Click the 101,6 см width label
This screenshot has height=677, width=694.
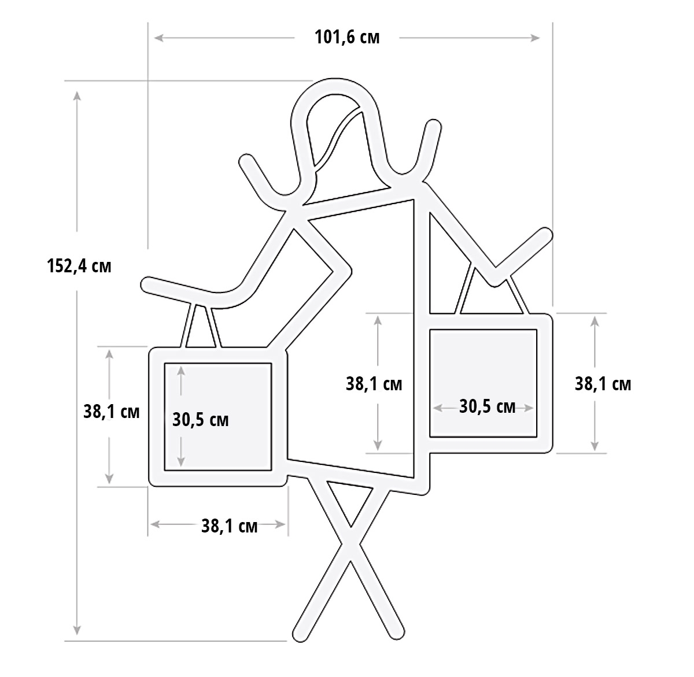pyautogui.click(x=346, y=38)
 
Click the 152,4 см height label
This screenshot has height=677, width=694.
pyautogui.click(x=79, y=266)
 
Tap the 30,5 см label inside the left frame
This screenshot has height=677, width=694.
pyautogui.click(x=201, y=420)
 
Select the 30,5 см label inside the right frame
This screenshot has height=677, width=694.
pyautogui.click(x=487, y=406)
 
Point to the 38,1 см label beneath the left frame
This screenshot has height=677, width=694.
pyautogui.click(x=229, y=526)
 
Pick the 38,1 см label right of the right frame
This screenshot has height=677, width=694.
pyautogui.click(x=603, y=384)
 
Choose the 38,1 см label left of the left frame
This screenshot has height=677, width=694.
pyautogui.click(x=111, y=412)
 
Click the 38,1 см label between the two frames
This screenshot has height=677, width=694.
pyautogui.click(x=374, y=384)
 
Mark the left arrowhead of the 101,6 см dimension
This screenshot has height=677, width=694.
pyautogui.click(x=158, y=38)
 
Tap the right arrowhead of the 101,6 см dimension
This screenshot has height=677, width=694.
pyautogui.click(x=535, y=38)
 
